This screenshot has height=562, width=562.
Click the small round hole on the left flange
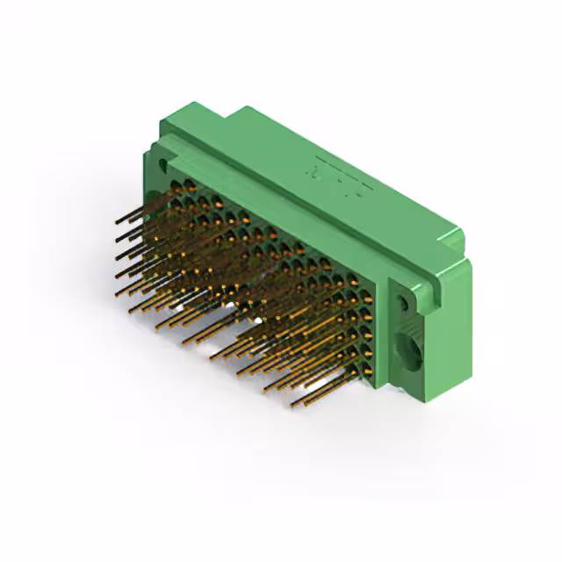[162, 164]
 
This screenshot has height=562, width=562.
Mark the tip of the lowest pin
[291, 406]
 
